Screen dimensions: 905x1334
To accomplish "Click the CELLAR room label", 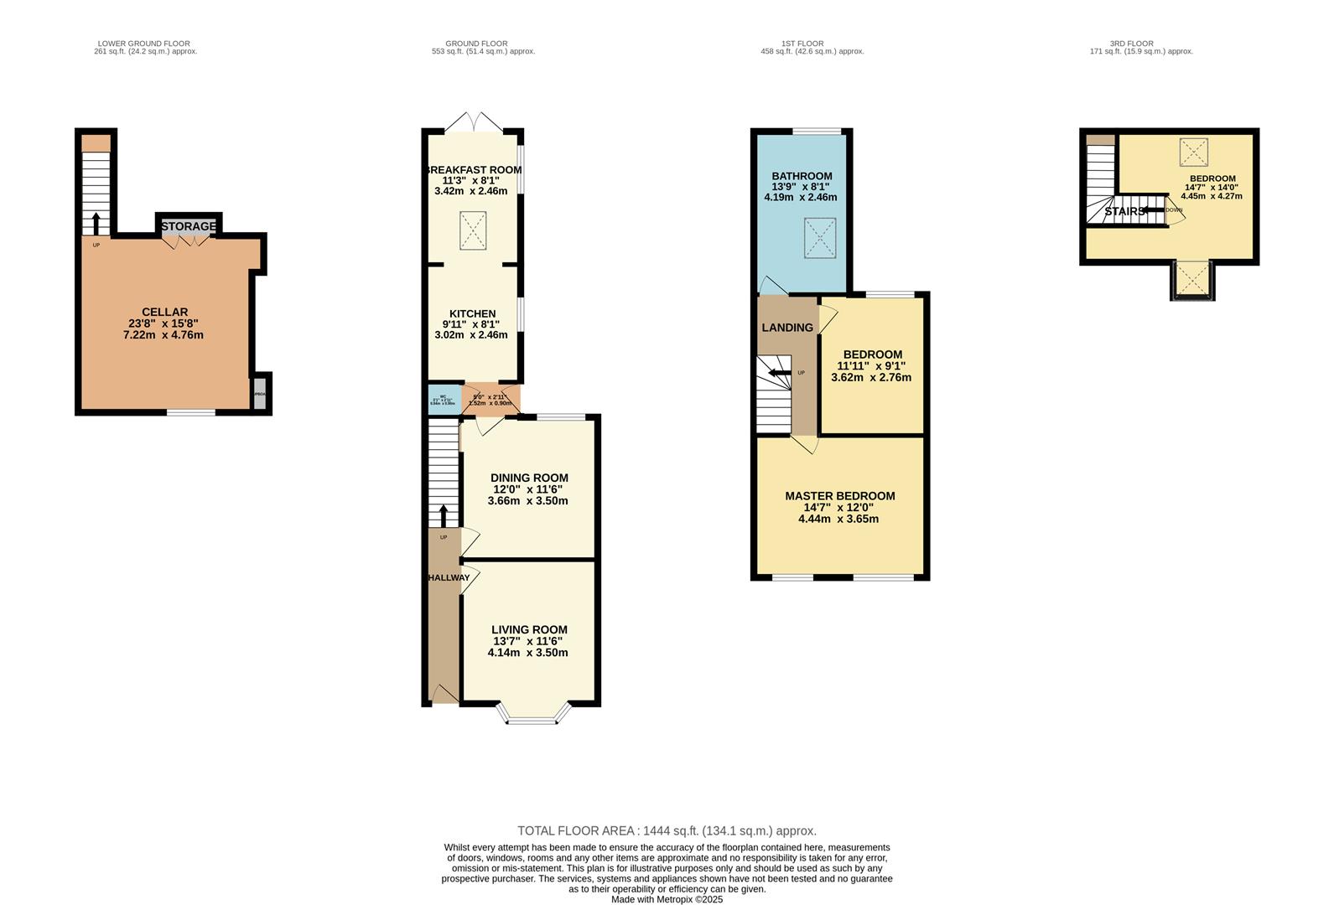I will click(x=164, y=312).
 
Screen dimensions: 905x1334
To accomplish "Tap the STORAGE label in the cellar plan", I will click(x=189, y=226).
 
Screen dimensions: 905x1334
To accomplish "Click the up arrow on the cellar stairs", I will click(x=95, y=223).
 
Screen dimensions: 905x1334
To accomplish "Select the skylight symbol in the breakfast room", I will click(x=473, y=230).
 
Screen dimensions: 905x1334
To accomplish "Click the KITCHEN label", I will click(x=472, y=313).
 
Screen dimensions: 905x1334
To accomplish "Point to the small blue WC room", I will click(x=443, y=399).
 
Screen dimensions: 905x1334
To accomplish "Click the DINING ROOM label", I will click(x=529, y=478).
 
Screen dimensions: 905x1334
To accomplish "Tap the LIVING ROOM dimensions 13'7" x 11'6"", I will click(x=527, y=641).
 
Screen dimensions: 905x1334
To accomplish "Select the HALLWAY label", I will click(x=449, y=578).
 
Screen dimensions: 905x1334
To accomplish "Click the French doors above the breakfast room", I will click(x=475, y=122).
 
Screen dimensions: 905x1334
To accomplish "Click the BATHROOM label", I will click(x=802, y=176).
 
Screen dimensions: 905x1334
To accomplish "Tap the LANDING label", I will click(x=786, y=328).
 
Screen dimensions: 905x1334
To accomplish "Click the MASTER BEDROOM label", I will click(x=839, y=496).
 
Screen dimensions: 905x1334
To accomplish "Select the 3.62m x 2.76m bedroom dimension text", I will click(x=871, y=378).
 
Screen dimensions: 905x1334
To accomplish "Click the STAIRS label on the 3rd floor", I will click(x=1124, y=212).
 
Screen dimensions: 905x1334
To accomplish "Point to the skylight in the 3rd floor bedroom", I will click(x=1193, y=153).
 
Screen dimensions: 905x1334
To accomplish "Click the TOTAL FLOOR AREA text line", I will click(x=667, y=831).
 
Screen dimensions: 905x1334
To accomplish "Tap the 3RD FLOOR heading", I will click(x=1131, y=44).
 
